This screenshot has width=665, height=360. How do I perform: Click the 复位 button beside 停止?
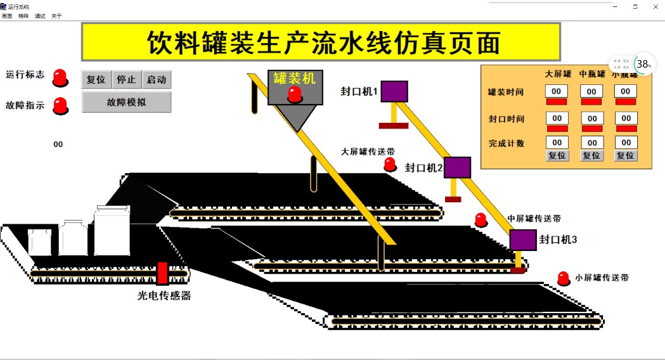click(x=96, y=80)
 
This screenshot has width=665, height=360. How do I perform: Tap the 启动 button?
click(x=156, y=80)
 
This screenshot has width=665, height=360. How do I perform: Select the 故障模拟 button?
click(x=126, y=102)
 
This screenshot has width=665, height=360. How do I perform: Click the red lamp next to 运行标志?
click(x=60, y=77)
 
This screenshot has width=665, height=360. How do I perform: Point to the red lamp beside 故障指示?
click(x=60, y=105)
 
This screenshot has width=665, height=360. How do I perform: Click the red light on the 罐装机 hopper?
click(x=295, y=94)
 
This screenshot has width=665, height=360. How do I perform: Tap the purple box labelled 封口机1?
click(x=394, y=91)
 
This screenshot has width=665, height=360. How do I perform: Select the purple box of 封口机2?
click(x=457, y=167)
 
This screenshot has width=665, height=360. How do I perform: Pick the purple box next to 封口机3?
click(x=523, y=240)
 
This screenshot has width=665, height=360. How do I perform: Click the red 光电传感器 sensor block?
click(x=162, y=273)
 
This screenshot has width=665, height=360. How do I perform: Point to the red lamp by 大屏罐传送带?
click(x=390, y=165)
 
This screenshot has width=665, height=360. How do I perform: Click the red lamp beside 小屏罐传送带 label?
click(x=563, y=278)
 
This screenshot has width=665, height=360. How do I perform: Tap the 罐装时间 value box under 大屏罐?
click(x=557, y=91)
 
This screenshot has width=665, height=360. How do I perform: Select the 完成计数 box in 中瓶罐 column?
click(x=591, y=143)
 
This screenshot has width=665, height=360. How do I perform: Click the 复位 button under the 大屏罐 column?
click(x=557, y=155)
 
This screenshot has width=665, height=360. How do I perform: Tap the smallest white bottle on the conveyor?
click(x=39, y=242)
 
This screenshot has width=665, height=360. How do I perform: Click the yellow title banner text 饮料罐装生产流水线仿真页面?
click(x=321, y=42)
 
